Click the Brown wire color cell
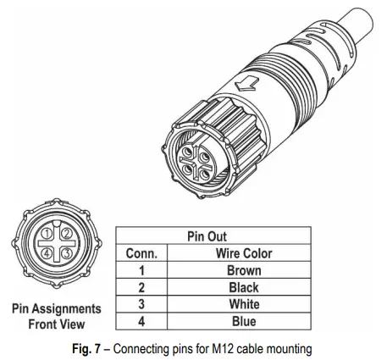tap(244, 270)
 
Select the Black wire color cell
tap(244, 287)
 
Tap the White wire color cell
tap(244, 304)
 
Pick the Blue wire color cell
tap(244, 321)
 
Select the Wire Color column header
tap(244, 253)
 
